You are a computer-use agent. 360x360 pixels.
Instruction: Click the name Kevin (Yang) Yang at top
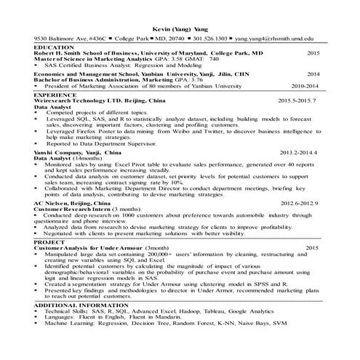pos(179,25)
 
